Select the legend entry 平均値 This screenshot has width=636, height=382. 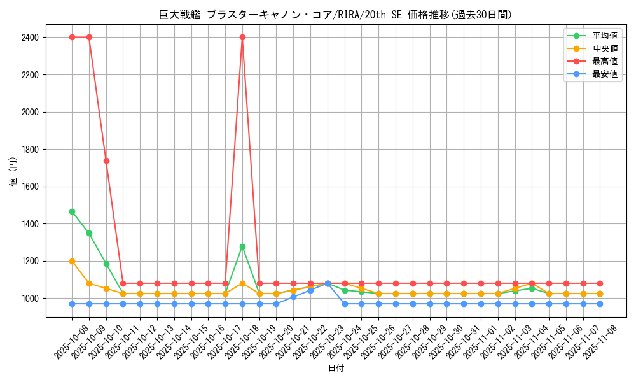pyautogui.click(x=604, y=36)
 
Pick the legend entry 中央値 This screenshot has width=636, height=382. pyautogui.click(x=604, y=48)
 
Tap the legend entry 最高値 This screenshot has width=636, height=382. pyautogui.click(x=604, y=61)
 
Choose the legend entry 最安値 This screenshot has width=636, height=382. pyautogui.click(x=604, y=74)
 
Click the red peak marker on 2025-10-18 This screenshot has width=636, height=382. pyautogui.click(x=242, y=38)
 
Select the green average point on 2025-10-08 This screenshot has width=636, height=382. pyautogui.click(x=72, y=211)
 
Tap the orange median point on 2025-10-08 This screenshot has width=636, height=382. pyautogui.click(x=72, y=261)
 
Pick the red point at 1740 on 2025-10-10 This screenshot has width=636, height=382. pyautogui.click(x=106, y=160)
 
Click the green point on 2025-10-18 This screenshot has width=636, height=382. pyautogui.click(x=242, y=246)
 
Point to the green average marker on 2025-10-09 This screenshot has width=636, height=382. pyautogui.click(x=89, y=233)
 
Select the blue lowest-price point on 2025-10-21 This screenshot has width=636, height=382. pyautogui.click(x=293, y=297)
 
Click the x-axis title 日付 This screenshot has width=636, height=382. pyautogui.click(x=336, y=369)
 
